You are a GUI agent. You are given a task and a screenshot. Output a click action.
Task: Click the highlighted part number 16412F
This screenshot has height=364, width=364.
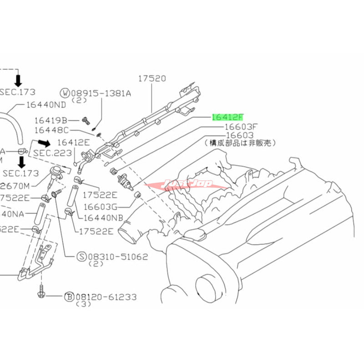230,116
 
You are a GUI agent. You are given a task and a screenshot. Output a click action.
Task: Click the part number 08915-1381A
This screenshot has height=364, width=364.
101,94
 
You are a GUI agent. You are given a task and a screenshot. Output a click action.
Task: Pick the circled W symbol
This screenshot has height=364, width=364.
67,94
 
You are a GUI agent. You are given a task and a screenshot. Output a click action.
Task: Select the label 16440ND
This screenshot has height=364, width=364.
46,104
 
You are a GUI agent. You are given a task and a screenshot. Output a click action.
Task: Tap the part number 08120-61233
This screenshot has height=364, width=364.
107,297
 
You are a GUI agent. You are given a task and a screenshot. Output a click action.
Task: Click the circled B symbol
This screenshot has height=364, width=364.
69,297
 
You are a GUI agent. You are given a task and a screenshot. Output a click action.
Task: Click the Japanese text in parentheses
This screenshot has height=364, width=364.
240,143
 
